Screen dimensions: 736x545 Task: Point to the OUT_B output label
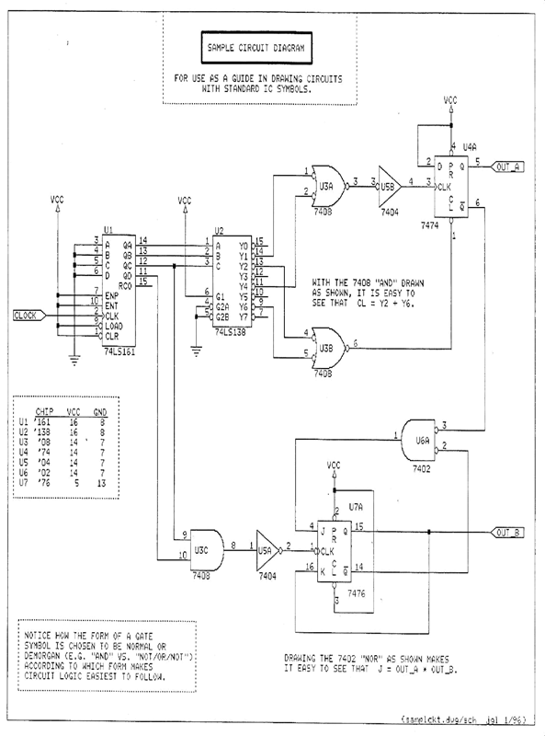point(510,533)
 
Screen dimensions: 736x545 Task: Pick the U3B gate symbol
point(323,344)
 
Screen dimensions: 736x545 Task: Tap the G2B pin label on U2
point(221,317)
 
